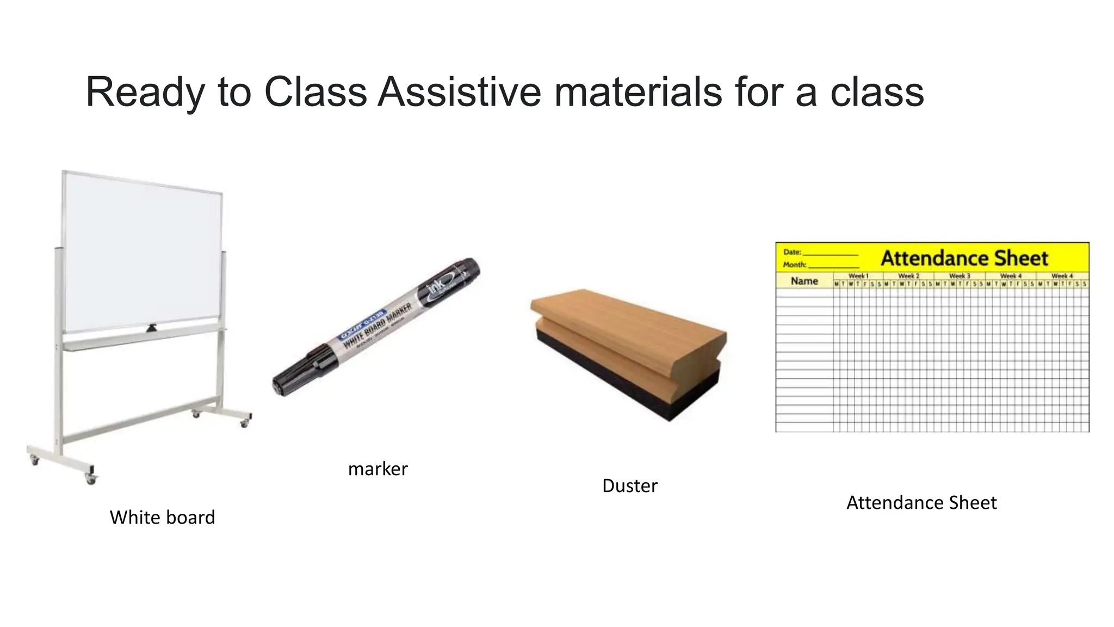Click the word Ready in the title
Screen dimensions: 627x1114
[x=145, y=93]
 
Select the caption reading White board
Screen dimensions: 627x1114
[x=162, y=517]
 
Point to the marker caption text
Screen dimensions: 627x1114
[x=377, y=469]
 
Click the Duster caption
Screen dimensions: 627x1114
[x=629, y=485]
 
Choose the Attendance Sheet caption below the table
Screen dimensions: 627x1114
[x=921, y=502]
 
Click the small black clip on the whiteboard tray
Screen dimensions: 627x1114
[x=151, y=328]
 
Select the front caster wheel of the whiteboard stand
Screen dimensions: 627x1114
[x=91, y=479]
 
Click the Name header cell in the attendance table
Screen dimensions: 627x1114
[x=804, y=281]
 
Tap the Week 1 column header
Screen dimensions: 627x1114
[x=858, y=276]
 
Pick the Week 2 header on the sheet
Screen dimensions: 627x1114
[x=908, y=276]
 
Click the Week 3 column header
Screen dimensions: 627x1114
[x=960, y=276]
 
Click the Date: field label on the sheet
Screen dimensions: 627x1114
[x=792, y=252]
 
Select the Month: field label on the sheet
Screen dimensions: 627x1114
[x=794, y=265]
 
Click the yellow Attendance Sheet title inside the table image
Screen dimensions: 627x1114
[x=964, y=258]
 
